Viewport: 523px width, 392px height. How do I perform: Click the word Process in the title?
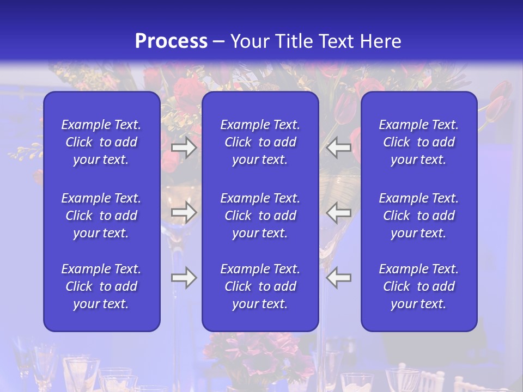[x=171, y=41]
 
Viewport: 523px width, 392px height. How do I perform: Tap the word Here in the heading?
[x=380, y=41]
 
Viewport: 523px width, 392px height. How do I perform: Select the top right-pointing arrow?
[x=184, y=148]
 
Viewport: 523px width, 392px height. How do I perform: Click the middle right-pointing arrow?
[x=184, y=212]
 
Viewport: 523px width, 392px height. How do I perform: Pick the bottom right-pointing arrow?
[x=184, y=278]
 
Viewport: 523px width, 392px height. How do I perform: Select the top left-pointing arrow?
[x=339, y=148]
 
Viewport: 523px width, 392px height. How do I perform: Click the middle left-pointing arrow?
[x=339, y=212]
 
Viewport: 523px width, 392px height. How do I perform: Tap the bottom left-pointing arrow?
[x=339, y=278]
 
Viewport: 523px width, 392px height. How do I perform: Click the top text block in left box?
[x=101, y=142]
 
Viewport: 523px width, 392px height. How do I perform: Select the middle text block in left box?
[x=101, y=216]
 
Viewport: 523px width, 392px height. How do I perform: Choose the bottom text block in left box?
[x=101, y=286]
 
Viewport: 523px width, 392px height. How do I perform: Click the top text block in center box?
[x=260, y=142]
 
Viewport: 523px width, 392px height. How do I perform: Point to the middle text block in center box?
[x=260, y=216]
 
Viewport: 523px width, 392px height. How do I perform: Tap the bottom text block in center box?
[x=260, y=286]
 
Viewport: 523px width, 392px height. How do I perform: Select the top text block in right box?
[x=419, y=142]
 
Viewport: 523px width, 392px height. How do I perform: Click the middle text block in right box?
[x=419, y=216]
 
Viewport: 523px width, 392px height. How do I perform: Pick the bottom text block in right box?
[x=419, y=286]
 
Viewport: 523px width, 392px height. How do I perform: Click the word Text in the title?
[x=337, y=41]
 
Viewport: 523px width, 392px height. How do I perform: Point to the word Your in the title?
[x=250, y=41]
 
